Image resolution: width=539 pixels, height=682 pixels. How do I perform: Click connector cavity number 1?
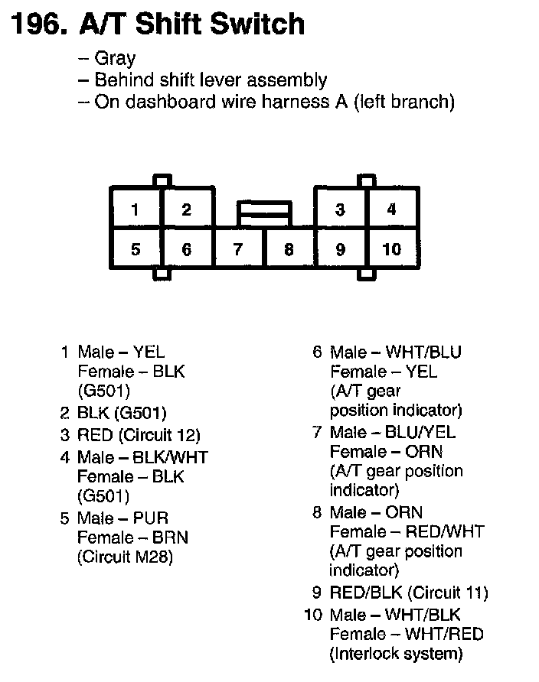136,209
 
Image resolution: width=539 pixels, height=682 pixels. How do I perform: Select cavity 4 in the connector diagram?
391,209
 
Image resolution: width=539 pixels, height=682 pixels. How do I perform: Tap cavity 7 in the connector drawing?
238,249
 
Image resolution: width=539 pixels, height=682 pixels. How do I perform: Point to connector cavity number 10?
391,249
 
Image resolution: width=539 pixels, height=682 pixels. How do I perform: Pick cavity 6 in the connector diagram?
187,249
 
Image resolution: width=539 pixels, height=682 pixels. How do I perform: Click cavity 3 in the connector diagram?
340,209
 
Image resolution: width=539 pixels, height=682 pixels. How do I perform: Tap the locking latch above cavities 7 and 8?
263,213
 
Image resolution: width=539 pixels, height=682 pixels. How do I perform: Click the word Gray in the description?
115,59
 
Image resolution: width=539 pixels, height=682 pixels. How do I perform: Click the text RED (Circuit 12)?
139,435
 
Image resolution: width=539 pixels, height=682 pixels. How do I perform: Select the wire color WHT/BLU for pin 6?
423,352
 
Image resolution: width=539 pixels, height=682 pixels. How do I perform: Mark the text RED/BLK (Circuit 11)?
409,593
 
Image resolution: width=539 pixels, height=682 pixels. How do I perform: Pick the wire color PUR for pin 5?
151,518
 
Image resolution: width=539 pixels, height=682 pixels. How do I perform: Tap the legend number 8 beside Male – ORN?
317,512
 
